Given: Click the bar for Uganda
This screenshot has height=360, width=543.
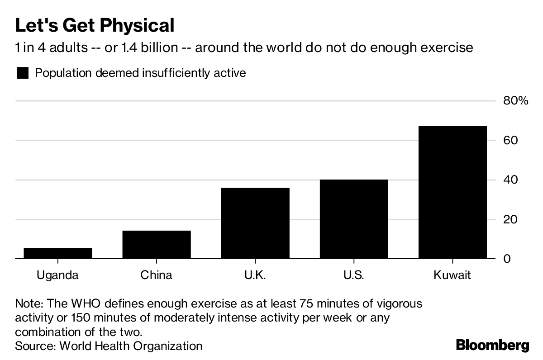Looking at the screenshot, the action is (x=58, y=253).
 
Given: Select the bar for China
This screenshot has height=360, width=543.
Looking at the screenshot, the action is (x=157, y=245).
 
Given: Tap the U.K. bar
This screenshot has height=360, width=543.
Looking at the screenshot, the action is (x=255, y=223).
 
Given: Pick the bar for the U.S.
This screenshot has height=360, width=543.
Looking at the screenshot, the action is (x=354, y=219).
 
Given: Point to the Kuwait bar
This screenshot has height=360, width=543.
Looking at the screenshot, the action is (x=452, y=192).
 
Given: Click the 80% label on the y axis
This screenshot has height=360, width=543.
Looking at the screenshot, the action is (x=515, y=100).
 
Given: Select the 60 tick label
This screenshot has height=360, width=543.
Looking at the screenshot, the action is (x=510, y=140).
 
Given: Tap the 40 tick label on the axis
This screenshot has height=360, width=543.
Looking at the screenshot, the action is (x=510, y=180).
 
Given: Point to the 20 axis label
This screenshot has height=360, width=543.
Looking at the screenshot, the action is (x=510, y=219).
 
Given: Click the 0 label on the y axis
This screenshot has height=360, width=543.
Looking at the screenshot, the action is (x=507, y=259).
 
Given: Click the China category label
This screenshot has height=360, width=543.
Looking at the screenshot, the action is (x=157, y=275).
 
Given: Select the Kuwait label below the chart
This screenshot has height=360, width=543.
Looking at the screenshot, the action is (x=452, y=275).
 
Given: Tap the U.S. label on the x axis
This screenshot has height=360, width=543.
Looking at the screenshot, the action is (x=354, y=275).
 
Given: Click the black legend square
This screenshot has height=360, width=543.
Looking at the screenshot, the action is (x=23, y=73).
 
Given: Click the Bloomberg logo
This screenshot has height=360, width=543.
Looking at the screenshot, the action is (x=493, y=345).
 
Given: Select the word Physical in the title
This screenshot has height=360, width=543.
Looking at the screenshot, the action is (x=137, y=26).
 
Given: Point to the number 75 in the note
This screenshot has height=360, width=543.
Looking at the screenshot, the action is (x=307, y=303).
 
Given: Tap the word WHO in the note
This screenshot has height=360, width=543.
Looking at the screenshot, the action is (x=86, y=303).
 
